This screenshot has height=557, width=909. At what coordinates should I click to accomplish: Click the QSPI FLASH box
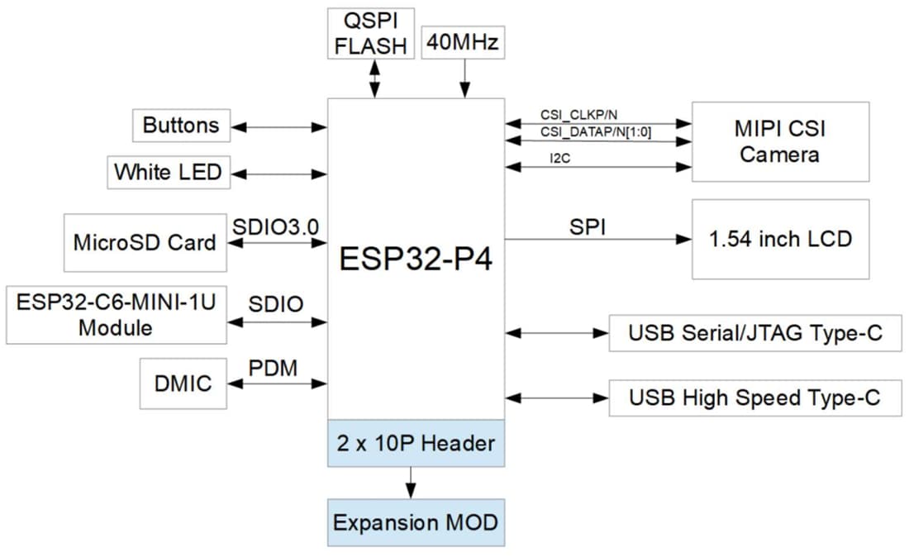point(370,33)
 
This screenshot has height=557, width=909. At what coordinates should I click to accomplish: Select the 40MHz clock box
point(463,41)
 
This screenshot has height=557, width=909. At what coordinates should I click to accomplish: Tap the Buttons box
point(181,126)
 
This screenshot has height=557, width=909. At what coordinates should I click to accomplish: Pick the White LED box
point(168,172)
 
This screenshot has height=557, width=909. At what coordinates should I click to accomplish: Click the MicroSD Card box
point(145,243)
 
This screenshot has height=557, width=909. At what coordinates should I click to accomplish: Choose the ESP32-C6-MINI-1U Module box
point(116,315)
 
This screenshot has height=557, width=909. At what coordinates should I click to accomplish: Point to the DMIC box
point(183,383)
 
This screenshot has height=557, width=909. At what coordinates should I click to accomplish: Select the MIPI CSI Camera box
point(779,141)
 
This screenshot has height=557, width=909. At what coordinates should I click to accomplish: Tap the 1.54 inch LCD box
point(779,239)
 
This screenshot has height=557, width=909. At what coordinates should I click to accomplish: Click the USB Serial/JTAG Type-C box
point(754,334)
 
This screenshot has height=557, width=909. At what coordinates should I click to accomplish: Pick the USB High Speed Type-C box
point(754,398)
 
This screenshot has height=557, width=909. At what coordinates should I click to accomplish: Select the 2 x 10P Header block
point(416,443)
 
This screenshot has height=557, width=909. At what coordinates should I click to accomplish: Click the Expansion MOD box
point(416,522)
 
